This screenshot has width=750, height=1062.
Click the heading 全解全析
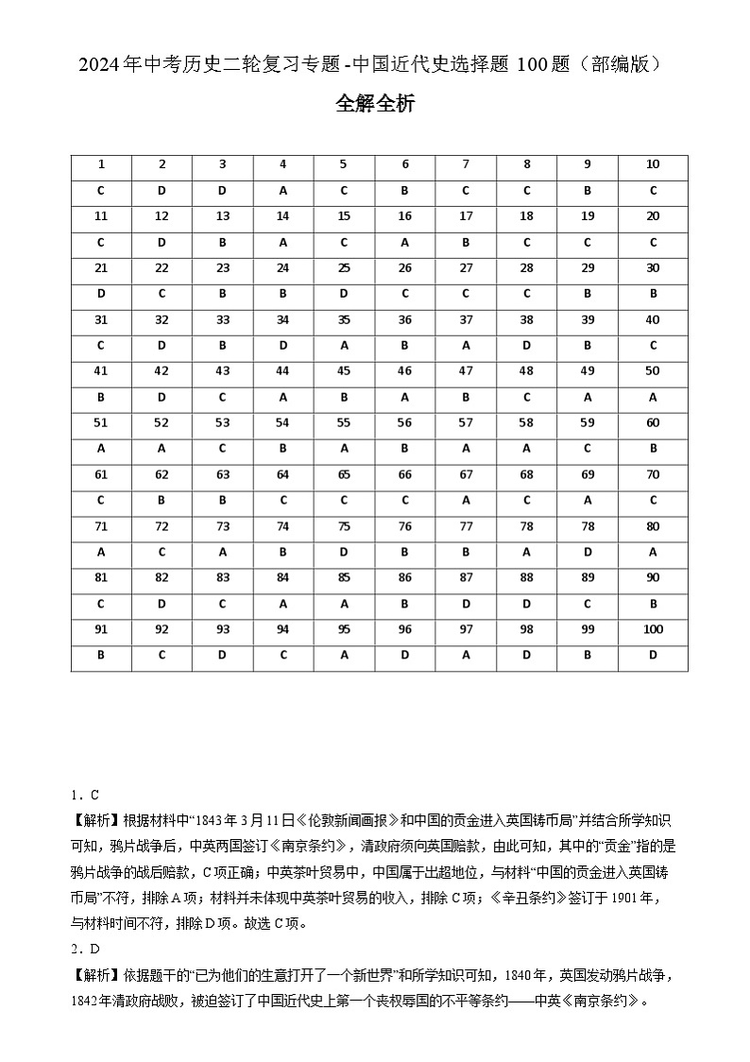(x=375, y=104)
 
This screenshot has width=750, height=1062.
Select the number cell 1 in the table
(x=101, y=164)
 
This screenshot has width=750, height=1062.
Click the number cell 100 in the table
(x=653, y=629)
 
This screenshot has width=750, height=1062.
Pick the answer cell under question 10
(x=653, y=190)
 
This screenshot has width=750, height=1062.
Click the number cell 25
(x=344, y=267)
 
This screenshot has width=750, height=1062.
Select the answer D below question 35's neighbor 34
(x=282, y=345)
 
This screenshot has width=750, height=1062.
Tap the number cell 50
(x=653, y=371)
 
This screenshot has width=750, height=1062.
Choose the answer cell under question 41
(x=101, y=397)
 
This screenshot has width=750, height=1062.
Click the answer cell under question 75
(x=344, y=552)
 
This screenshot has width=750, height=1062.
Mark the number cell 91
(x=101, y=629)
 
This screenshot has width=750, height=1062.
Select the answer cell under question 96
(x=405, y=655)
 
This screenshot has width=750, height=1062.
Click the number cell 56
(x=405, y=422)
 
